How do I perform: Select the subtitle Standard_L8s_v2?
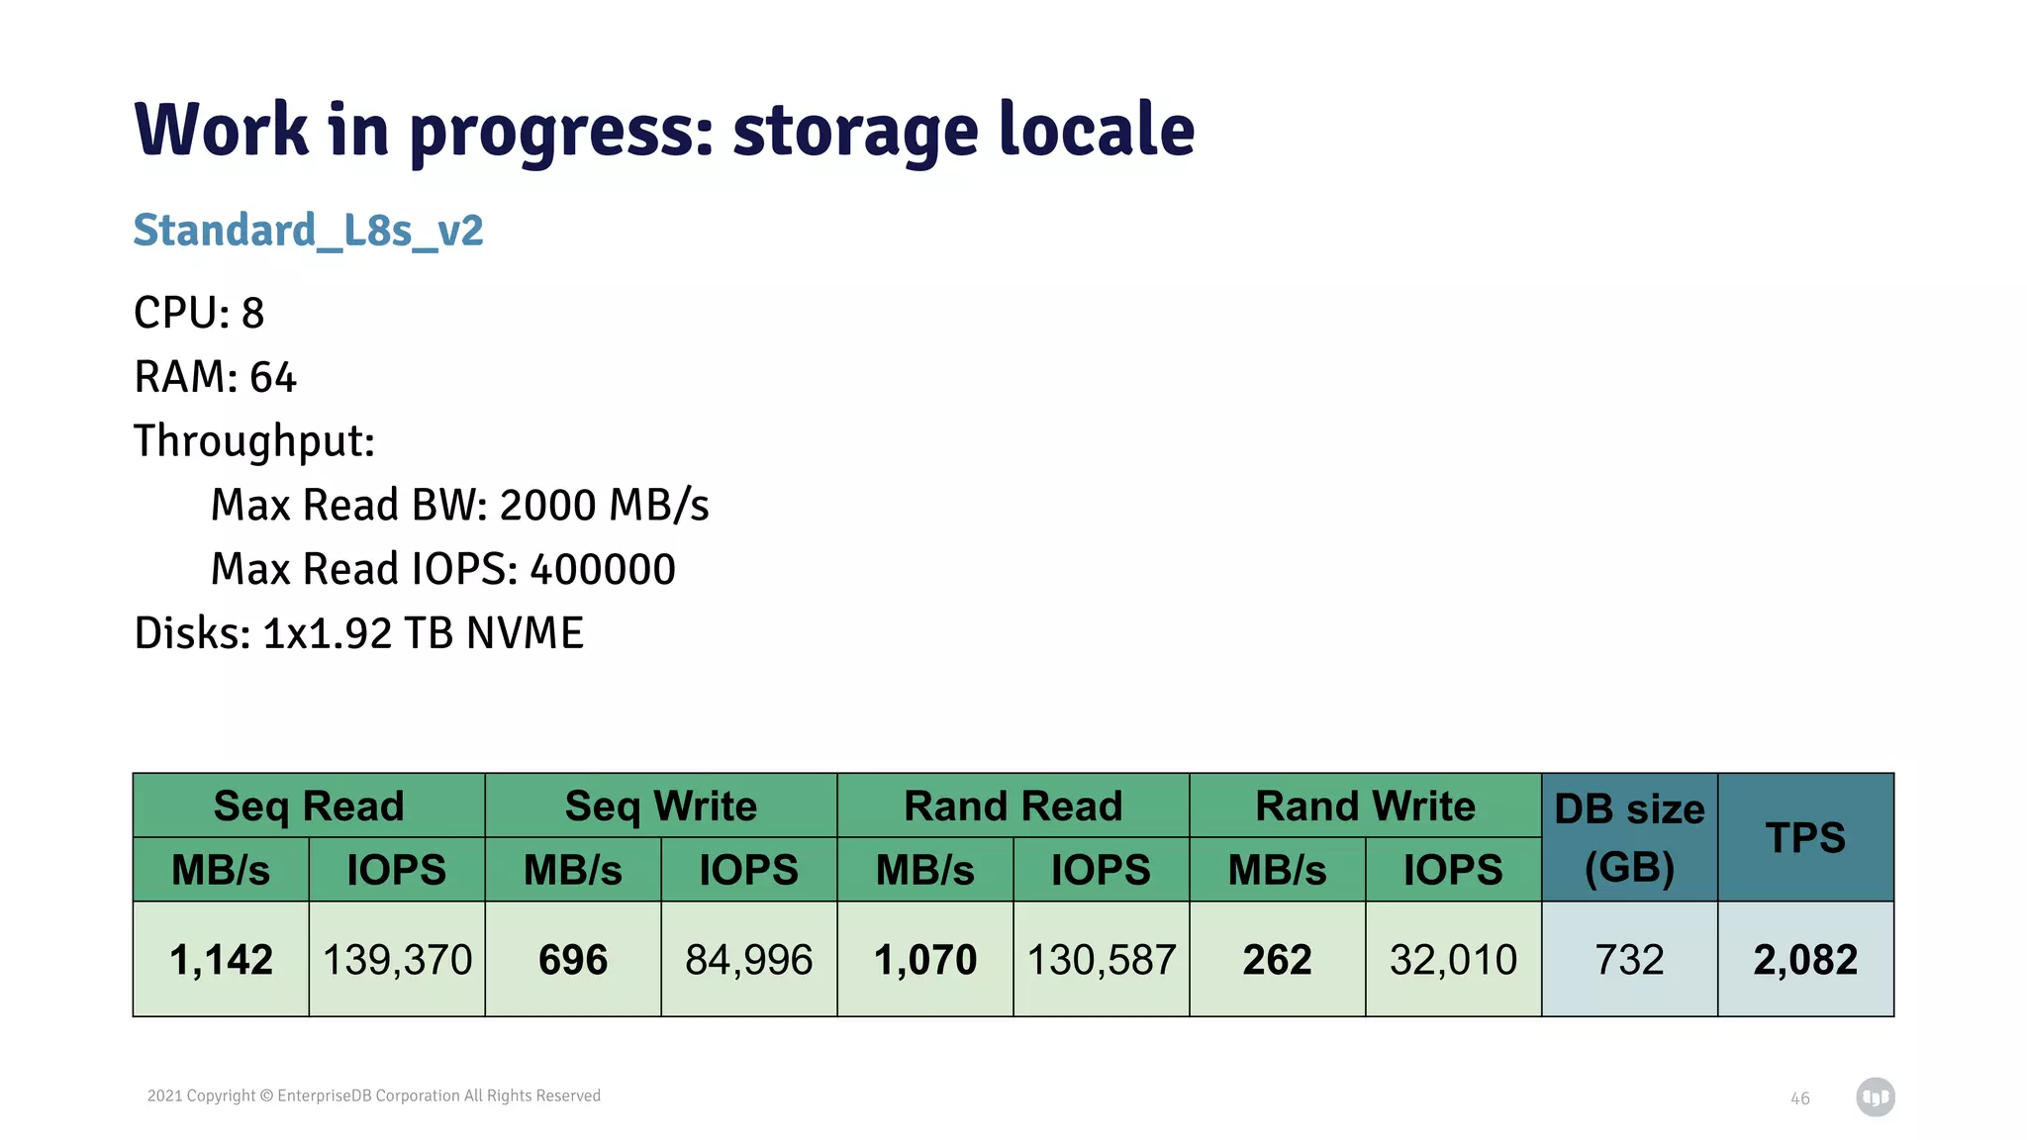[308, 231]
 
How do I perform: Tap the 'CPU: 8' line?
[199, 313]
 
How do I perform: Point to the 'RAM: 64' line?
[215, 377]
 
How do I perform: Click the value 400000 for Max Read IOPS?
[603, 569]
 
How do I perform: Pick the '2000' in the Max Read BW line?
[547, 505]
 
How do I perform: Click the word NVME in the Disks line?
[525, 633]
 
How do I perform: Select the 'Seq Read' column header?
[309, 806]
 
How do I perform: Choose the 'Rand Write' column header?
[1365, 806]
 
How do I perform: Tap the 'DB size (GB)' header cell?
[1629, 837]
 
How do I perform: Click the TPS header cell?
[1805, 837]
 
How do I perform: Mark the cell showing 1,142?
[221, 959]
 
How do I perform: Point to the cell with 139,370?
[397, 959]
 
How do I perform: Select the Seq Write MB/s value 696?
[573, 959]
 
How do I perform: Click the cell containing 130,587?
[1101, 959]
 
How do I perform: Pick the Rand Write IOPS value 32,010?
[1453, 959]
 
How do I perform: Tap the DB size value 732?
[1629, 959]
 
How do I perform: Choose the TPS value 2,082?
[1805, 959]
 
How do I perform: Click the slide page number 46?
[1799, 1098]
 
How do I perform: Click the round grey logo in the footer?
[1875, 1096]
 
